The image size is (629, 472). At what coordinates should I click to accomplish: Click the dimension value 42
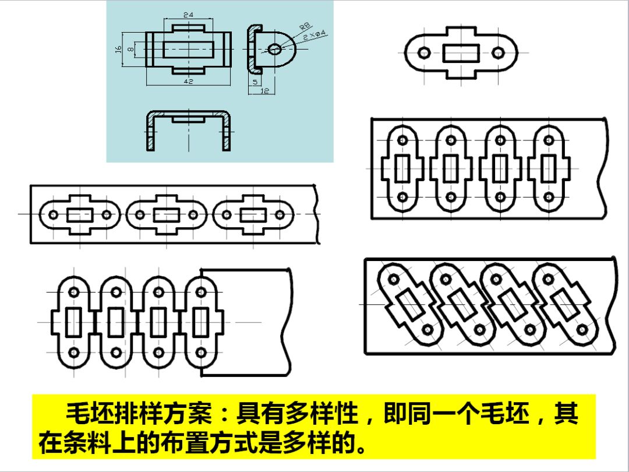188,82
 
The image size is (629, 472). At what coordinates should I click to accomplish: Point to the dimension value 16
118,49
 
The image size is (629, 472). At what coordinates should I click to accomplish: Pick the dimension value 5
255,83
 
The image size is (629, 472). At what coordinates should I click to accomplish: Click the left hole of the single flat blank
424,53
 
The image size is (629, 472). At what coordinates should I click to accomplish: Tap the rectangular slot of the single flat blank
461,53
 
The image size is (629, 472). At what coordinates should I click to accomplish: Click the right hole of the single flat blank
497,53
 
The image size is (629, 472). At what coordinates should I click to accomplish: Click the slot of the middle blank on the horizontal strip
167,215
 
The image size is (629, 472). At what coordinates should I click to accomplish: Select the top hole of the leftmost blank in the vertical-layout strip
402,140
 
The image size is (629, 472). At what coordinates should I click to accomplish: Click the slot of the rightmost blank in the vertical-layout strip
547,169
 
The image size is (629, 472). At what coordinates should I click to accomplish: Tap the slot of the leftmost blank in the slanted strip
412,304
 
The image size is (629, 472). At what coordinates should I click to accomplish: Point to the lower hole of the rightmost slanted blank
581,330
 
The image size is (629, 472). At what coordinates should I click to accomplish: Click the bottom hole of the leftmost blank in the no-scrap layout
74,353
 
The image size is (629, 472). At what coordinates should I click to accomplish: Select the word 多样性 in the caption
327,415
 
